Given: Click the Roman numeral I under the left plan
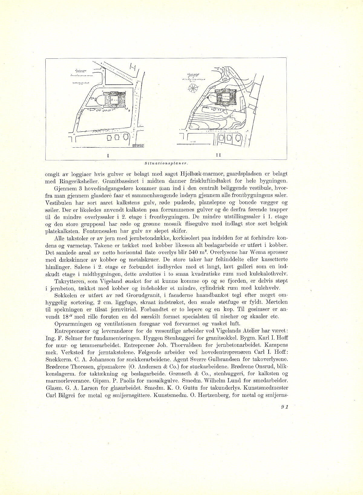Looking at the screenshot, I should [x=108, y=155].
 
